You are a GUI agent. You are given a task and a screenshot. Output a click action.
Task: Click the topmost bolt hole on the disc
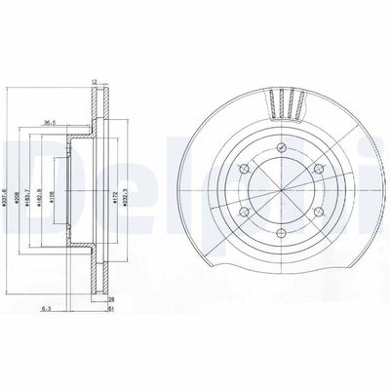click(280, 146)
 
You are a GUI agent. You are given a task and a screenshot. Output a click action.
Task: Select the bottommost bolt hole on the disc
click(280, 233)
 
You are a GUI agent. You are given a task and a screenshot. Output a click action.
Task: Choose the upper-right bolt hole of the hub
click(318, 168)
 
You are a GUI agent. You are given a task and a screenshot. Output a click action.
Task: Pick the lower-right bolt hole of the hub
click(318, 212)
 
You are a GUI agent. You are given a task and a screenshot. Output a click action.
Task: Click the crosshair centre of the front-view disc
click(280, 189)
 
